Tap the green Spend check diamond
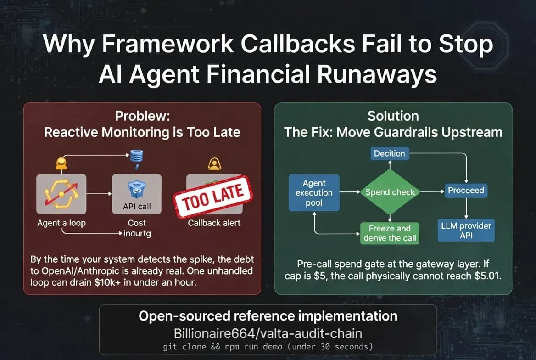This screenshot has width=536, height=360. click(x=390, y=192)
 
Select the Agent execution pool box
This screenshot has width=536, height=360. click(x=314, y=193)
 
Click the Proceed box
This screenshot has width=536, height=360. click(x=466, y=190)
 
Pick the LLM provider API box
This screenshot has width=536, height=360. click(x=466, y=231)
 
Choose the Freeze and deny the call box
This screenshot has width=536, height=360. click(x=390, y=233)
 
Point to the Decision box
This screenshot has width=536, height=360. click(x=389, y=153)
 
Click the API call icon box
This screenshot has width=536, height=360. click(x=137, y=194)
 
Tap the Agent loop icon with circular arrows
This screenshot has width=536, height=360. click(x=61, y=194)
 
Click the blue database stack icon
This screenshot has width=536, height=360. click(x=137, y=157)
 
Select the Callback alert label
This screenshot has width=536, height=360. click(x=214, y=223)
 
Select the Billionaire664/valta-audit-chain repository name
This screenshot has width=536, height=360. click(x=268, y=333)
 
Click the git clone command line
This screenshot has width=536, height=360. click(x=268, y=347)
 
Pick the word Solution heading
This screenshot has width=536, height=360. click(x=393, y=116)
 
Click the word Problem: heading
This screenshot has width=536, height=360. click(x=143, y=116)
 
